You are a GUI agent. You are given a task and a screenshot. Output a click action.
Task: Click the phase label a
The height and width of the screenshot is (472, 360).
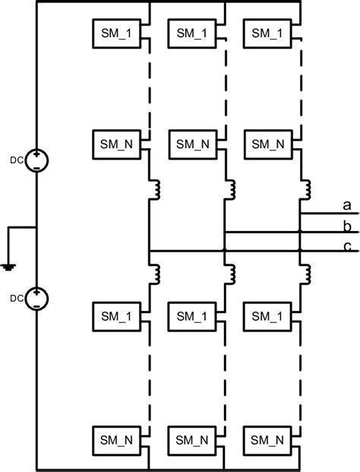(x=347, y=204)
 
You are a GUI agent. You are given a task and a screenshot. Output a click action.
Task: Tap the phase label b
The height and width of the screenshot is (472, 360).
(x=347, y=226)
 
